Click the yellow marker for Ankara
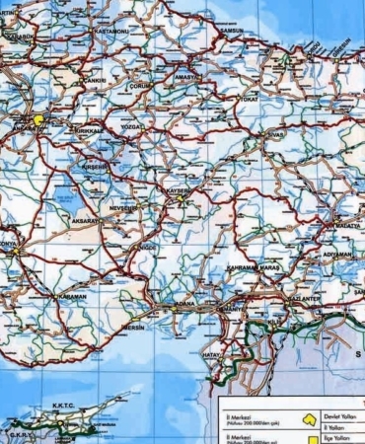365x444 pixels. (39, 120)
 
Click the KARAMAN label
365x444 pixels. (72, 296)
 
